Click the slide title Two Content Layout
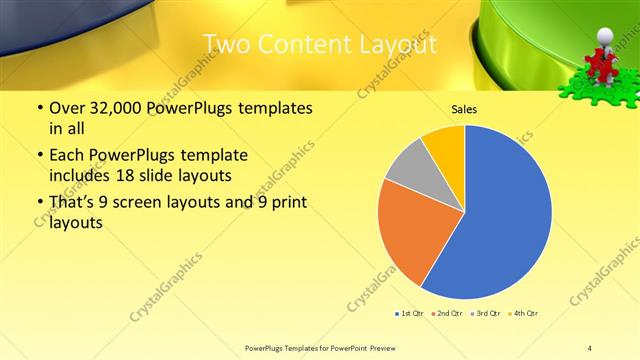pyautogui.click(x=319, y=45)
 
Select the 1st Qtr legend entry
pyautogui.click(x=410, y=314)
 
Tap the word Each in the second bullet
pyautogui.click(x=67, y=155)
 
